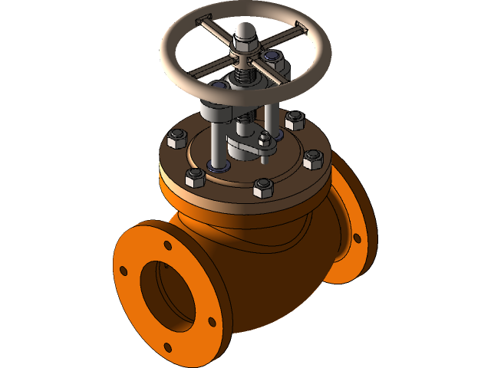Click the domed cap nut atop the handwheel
244,35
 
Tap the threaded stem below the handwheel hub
245,77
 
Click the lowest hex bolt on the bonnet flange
263,186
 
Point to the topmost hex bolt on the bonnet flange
295,120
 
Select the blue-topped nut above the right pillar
270,57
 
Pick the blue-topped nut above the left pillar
219,90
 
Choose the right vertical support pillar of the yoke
270,107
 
